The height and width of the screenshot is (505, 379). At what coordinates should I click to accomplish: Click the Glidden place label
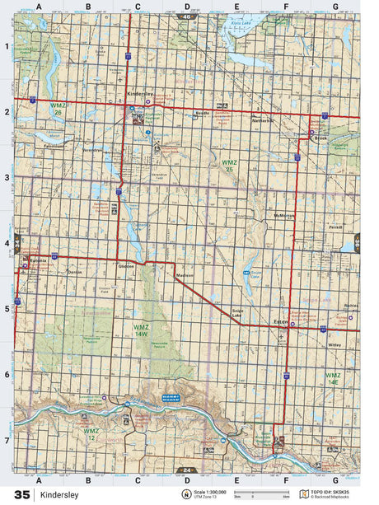126,268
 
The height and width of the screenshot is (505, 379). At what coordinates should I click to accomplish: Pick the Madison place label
185,276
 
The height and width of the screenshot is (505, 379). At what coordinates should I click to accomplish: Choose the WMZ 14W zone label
142,330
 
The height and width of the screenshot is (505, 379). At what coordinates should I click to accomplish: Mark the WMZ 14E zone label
332,379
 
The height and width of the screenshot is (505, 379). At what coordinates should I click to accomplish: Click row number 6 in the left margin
7,374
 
